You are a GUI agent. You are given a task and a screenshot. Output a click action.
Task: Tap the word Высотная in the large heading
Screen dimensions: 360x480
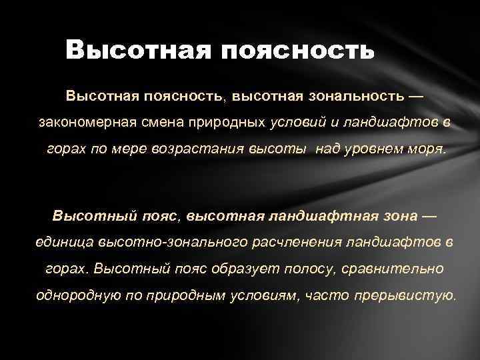tap(139, 50)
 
